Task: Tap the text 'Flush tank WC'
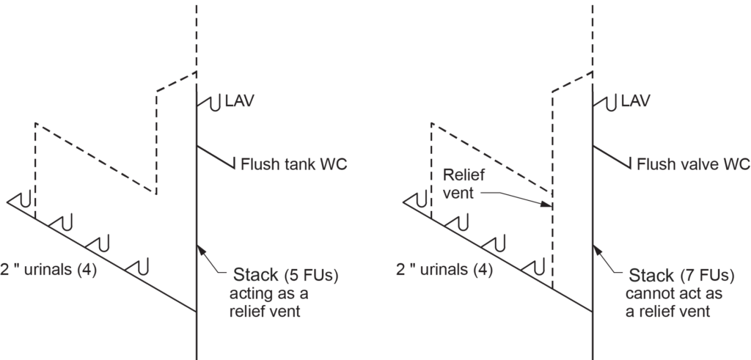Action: pos(293,163)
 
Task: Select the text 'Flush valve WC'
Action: pos(692,163)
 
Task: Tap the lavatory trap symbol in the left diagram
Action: pos(213,103)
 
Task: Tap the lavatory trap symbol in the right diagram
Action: pos(608,103)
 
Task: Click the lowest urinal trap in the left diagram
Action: pos(139,263)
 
